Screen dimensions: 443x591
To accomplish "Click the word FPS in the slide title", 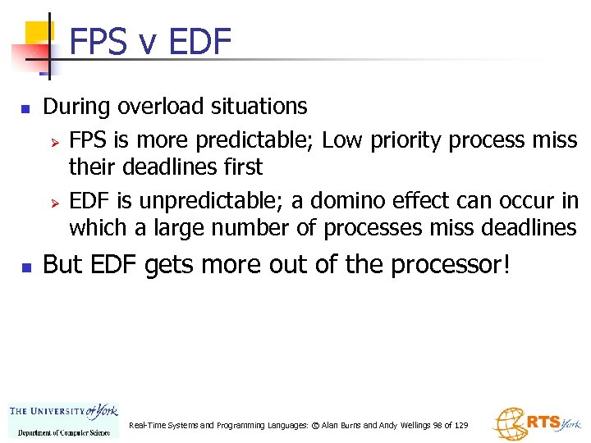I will pyautogui.click(x=98, y=41).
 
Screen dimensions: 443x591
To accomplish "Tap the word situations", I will pyautogui.click(x=259, y=107).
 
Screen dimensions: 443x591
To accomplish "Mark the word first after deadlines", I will pyautogui.click(x=242, y=167).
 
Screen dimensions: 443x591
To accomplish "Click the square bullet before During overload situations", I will pyautogui.click(x=25, y=108).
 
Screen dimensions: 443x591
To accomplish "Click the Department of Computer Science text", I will pyautogui.click(x=63, y=432).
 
